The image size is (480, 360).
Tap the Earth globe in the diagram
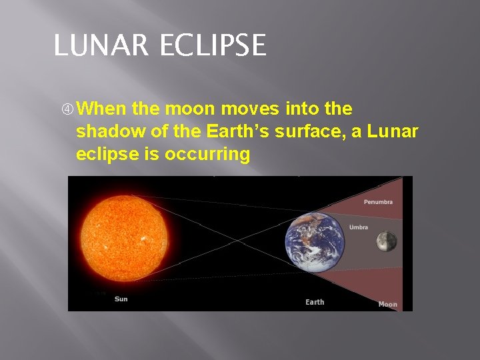(315, 242)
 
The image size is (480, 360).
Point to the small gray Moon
(386, 241)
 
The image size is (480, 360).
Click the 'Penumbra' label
(378, 202)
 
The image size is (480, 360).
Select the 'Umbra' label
(358, 227)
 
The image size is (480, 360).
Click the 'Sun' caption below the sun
(121, 299)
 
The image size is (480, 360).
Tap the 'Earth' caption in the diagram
(315, 302)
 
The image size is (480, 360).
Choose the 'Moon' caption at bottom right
(387, 304)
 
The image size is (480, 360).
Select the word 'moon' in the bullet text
(193, 108)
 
